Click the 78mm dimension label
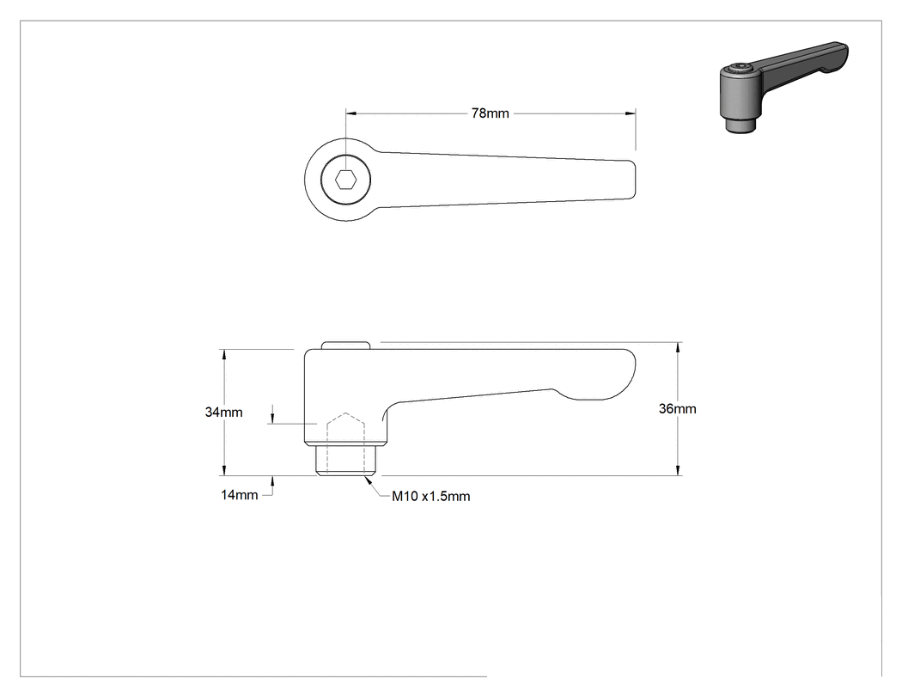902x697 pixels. (x=491, y=113)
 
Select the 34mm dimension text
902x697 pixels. (x=223, y=413)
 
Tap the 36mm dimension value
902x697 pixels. (x=677, y=408)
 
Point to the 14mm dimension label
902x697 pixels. (x=240, y=495)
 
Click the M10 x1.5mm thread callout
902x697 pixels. (x=431, y=496)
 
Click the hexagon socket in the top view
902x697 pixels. (x=345, y=180)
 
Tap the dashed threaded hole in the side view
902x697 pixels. (x=345, y=443)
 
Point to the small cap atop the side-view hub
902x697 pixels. (x=345, y=345)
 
